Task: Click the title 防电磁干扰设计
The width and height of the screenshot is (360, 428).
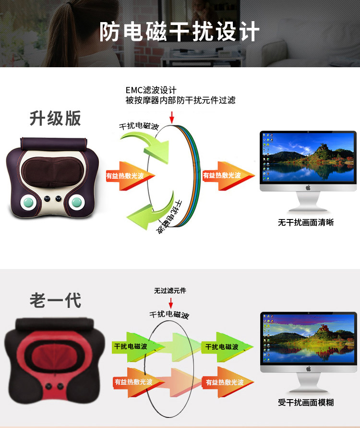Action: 180,32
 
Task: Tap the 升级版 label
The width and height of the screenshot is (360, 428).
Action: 56,118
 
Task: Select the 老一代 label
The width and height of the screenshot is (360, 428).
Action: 56,300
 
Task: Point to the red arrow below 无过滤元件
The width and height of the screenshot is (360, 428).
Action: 170,303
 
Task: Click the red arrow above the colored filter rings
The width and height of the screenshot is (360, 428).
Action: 171,116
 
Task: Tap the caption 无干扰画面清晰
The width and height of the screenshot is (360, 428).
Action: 306,222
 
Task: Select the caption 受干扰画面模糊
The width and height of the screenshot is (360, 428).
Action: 306,403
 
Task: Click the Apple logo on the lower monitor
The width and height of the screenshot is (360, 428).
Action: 308,368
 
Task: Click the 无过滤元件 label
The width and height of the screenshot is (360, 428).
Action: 170,291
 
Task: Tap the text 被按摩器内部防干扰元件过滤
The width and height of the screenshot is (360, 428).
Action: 180,100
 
